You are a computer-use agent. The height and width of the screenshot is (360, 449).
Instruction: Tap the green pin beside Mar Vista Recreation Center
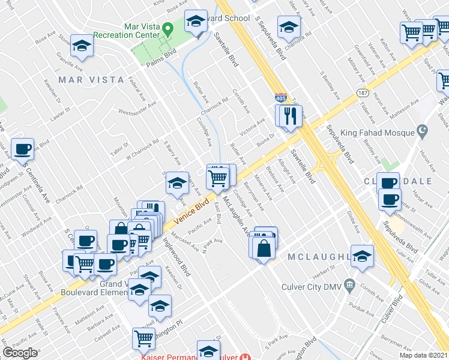pos(169,28)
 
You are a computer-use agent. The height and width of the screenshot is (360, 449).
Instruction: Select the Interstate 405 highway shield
pos(280,97)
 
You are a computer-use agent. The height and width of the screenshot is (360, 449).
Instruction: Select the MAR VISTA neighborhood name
pos(91,80)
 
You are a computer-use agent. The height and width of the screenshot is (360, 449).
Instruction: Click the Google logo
pos(20,352)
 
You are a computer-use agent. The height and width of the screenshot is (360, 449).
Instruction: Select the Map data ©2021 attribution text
pos(423,355)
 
